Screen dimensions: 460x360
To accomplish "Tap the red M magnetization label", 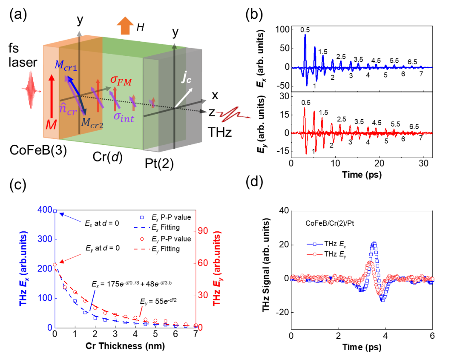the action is pyautogui.click(x=51, y=125).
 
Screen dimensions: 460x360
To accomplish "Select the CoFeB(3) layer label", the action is pyautogui.click(x=38, y=150).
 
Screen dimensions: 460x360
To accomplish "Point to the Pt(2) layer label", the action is pyautogui.click(x=159, y=164).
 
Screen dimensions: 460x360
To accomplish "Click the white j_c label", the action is pyautogui.click(x=186, y=77).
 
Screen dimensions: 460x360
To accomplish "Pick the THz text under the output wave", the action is pyautogui.click(x=220, y=132).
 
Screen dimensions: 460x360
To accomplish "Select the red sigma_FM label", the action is pyautogui.click(x=121, y=80).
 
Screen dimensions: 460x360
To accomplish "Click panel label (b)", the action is pyautogui.click(x=254, y=14).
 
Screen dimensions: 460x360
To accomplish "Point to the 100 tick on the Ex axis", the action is pyautogui.click(x=283, y=29).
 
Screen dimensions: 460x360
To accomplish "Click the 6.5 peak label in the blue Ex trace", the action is pyautogui.click(x=412, y=62).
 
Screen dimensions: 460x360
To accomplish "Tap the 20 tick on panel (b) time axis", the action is pyautogui.click(x=379, y=164).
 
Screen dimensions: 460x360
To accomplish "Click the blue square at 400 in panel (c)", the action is pyautogui.click(x=55, y=210).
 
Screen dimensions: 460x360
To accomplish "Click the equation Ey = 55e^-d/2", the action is pyautogui.click(x=158, y=301).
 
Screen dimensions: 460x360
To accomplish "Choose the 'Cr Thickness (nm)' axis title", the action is pyautogui.click(x=125, y=346).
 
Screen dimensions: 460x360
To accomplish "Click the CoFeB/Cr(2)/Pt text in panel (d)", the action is pyautogui.click(x=330, y=223).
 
